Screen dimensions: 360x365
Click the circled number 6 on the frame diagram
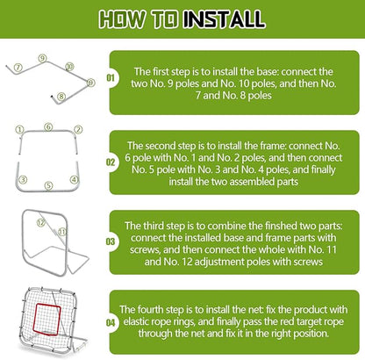tap(48, 126)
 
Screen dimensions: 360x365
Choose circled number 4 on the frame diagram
tap(75, 180)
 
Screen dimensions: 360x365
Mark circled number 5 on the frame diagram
tap(49, 185)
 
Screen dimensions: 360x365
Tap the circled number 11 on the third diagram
tap(62, 230)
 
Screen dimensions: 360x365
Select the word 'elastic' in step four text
tap(157, 321)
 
